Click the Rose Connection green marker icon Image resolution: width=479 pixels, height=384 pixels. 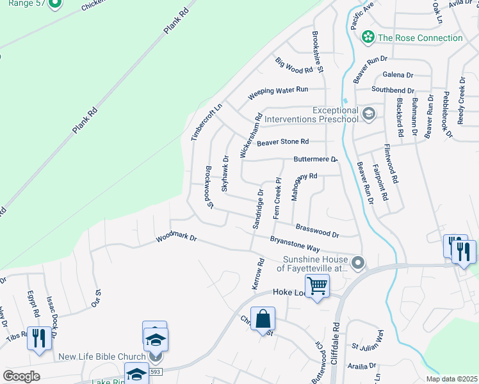coord(368,38)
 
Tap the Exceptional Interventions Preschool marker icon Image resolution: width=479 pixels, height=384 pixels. coord(368,115)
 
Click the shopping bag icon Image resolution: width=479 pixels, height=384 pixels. coord(263,318)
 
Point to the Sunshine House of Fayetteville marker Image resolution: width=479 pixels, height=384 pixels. coord(359,263)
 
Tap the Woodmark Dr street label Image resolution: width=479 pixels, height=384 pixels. coord(177,238)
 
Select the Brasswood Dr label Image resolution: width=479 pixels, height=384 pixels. coord(318,229)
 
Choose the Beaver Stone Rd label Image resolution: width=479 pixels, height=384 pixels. coord(282,142)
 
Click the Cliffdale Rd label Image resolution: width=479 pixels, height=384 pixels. coord(336,335)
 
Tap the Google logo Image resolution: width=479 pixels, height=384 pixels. coord(21,376)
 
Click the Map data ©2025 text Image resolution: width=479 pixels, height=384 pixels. coord(451,379)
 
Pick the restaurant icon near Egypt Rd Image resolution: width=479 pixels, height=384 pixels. coord(39,337)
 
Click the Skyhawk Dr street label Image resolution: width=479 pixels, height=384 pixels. coord(225,173)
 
